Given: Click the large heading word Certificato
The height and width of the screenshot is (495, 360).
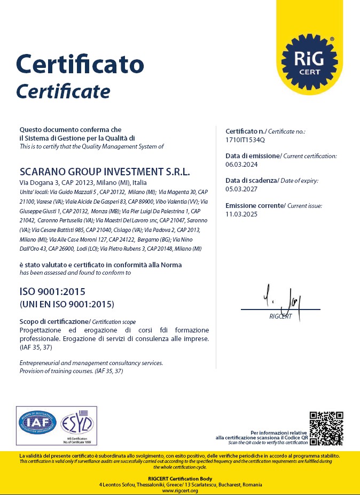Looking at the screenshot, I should coord(80,64).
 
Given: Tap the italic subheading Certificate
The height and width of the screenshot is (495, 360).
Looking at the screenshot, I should coord(63,91).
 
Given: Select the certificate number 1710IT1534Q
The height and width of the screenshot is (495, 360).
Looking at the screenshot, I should coord(245,140).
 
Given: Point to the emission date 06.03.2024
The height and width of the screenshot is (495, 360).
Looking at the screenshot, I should coord(241,164).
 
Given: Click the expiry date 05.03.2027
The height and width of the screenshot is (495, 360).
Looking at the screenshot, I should coord(241,189).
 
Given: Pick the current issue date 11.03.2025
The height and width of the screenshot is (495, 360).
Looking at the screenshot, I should coord(241,214).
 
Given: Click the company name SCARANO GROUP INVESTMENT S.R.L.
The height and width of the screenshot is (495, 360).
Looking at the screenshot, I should coord(105,172).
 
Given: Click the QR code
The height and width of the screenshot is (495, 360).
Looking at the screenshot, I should coord(326,428).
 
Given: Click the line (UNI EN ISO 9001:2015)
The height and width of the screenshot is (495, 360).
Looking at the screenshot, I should coord(67,304).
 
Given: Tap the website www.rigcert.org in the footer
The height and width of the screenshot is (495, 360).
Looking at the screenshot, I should coord(180,491).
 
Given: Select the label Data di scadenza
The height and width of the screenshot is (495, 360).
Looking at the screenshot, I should coord(251,181).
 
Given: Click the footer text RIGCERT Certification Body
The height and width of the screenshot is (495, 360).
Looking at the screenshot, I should coord(180,478).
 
